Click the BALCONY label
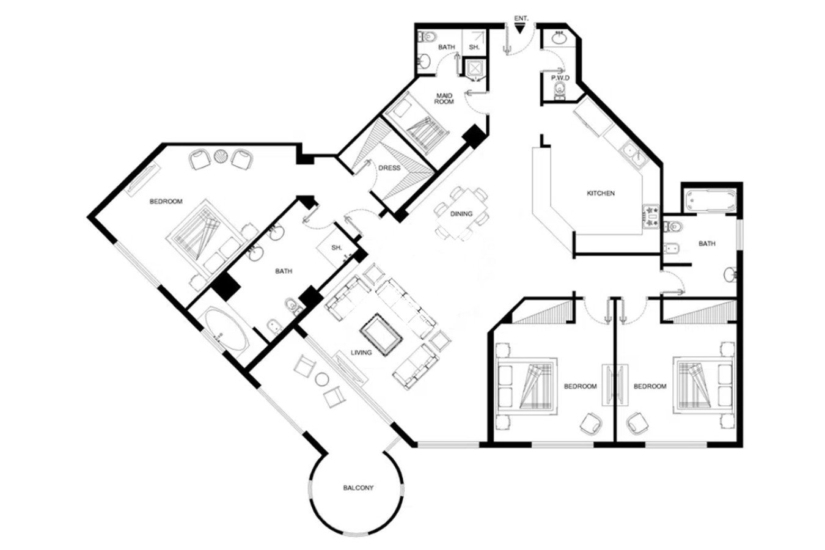point(358,488)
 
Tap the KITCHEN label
point(600,193)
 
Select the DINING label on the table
point(461,214)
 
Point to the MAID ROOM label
point(444,99)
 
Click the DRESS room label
point(389,168)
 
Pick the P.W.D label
point(560,78)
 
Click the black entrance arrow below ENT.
point(519,29)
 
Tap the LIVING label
point(361,353)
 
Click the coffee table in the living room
point(381,334)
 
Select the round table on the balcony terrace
point(322,380)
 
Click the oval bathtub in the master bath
point(226,329)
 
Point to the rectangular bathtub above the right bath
point(710,201)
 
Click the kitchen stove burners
point(650,216)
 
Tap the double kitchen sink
point(634,156)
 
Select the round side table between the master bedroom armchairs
point(221,155)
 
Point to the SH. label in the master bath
point(337,248)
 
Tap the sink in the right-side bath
point(730,274)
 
